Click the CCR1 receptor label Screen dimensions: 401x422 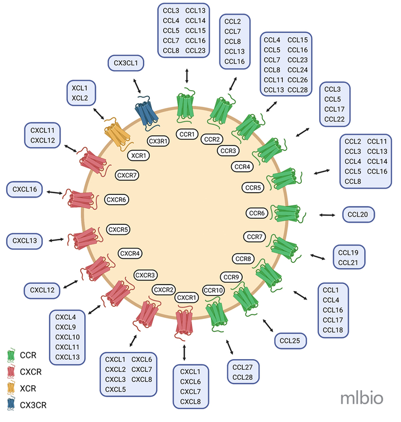pyautogui.click(x=187, y=134)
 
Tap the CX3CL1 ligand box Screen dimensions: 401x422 pyautogui.click(x=126, y=63)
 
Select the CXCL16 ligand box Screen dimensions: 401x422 pyautogui.click(x=25, y=189)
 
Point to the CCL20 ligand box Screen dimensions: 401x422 pyautogui.click(x=358, y=214)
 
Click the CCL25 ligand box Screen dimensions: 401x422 pyautogui.click(x=290, y=341)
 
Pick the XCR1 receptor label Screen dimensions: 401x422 pyautogui.click(x=139, y=155)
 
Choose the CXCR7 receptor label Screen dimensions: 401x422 pyautogui.click(x=127, y=175)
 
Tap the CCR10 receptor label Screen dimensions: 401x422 pyautogui.click(x=213, y=291)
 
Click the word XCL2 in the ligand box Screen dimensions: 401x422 pyautogui.click(x=80, y=98)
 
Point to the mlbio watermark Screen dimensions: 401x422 pyautogui.click(x=361, y=398)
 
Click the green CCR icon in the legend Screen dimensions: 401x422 pyautogui.click(x=11, y=355)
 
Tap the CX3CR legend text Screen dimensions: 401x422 pyautogui.click(x=33, y=405)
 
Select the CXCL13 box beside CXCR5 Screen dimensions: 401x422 pyautogui.click(x=25, y=241)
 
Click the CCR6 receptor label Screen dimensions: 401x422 pyautogui.click(x=257, y=213)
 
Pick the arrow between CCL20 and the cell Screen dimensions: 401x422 pyautogui.click(x=327, y=215)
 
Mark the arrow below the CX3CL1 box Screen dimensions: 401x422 pyautogui.click(x=137, y=86)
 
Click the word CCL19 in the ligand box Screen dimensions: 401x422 pyautogui.click(x=348, y=252)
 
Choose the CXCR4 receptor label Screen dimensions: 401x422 pyautogui.click(x=130, y=253)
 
